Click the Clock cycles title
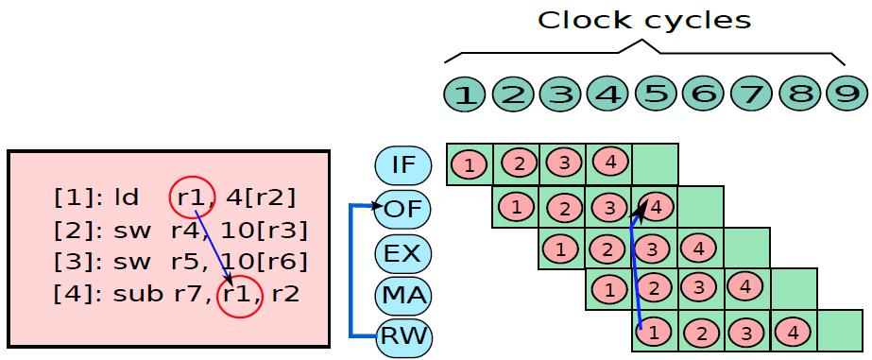coord(644,21)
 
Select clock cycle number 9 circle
coord(846,94)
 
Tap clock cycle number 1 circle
coord(466,94)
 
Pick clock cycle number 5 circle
coord(657,94)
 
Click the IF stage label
coord(403,165)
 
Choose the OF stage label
coord(403,209)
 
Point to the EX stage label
coord(403,253)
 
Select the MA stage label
coord(403,295)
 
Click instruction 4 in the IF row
coord(610,163)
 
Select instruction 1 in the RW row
coord(653,333)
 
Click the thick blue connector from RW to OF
coord(351,271)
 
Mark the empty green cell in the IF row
coord(655,164)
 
